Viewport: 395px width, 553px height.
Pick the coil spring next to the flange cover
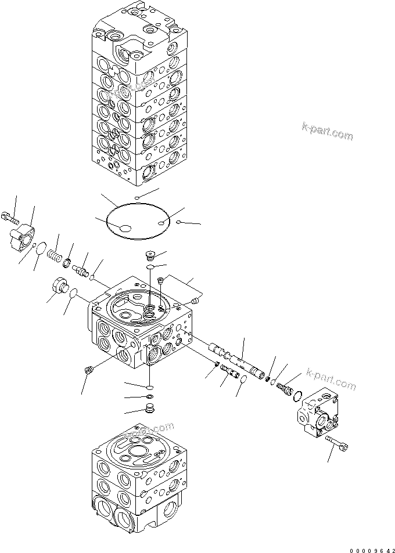54,255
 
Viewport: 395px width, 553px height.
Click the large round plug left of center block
59,286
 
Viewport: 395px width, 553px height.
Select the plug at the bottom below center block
148,409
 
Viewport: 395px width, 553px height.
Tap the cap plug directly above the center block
149,255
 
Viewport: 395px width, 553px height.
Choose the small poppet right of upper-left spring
82,271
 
